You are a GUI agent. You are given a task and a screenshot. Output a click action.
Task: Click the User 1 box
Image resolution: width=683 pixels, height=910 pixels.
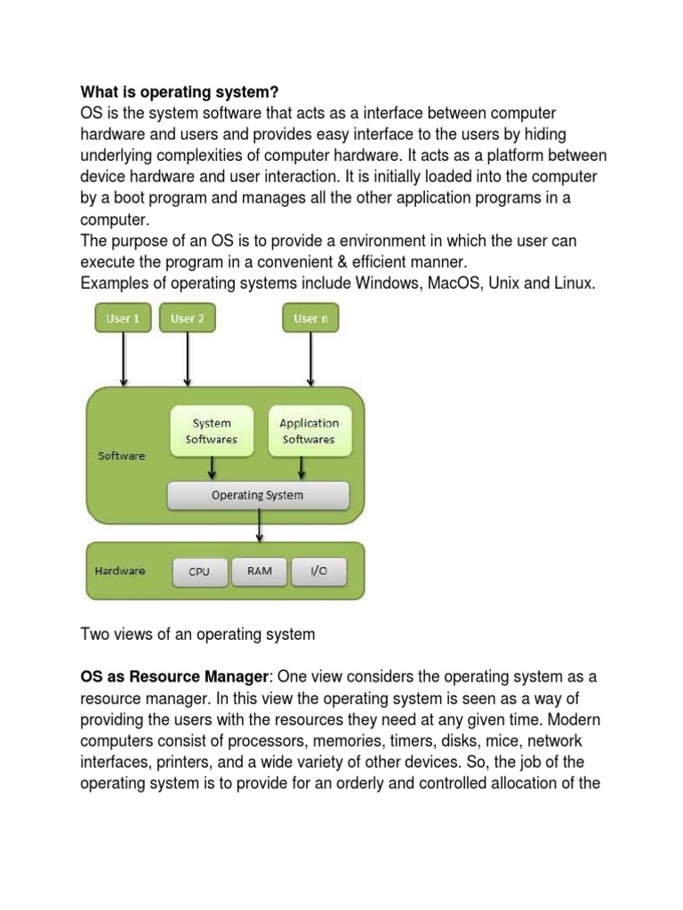(123, 317)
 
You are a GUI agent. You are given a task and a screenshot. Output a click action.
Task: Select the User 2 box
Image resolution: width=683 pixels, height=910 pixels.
(187, 317)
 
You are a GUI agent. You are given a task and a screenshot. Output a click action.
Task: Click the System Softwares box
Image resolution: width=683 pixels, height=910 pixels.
(212, 431)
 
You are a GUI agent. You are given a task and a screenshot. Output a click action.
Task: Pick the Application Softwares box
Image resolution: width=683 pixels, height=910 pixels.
(309, 431)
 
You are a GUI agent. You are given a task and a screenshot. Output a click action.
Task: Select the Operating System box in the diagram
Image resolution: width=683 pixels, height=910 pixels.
(258, 496)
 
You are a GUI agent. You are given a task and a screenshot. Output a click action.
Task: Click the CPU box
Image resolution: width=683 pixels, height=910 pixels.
(199, 571)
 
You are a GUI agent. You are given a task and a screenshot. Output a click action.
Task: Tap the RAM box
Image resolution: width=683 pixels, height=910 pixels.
(261, 571)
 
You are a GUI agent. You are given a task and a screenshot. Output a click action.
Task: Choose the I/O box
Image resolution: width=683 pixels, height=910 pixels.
(317, 571)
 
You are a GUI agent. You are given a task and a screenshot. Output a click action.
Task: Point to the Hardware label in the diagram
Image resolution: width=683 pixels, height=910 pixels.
(120, 571)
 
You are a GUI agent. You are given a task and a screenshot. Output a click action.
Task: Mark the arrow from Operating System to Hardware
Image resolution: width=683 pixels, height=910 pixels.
(259, 525)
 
